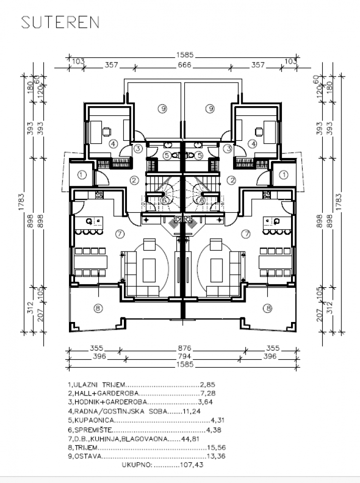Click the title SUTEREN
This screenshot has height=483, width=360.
tap(60, 23)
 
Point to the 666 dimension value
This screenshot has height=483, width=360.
tap(185, 65)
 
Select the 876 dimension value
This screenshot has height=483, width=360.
tap(185, 348)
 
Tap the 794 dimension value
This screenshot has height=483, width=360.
tap(185, 357)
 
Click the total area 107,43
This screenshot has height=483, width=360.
tap(193, 465)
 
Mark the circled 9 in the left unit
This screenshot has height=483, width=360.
tap(161, 108)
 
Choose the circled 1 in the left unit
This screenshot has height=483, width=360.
tap(83, 175)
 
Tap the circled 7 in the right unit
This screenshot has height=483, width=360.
tap(246, 233)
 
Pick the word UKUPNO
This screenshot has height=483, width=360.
tap(136, 465)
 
